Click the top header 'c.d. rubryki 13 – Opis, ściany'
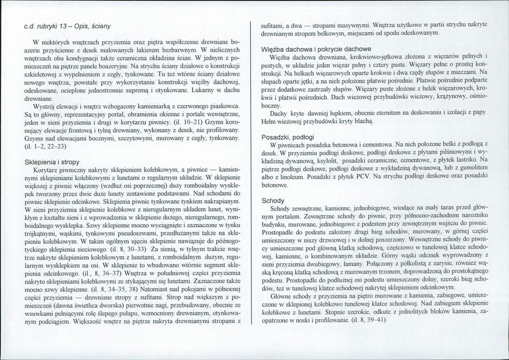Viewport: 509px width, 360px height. pyautogui.click(x=68, y=26)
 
